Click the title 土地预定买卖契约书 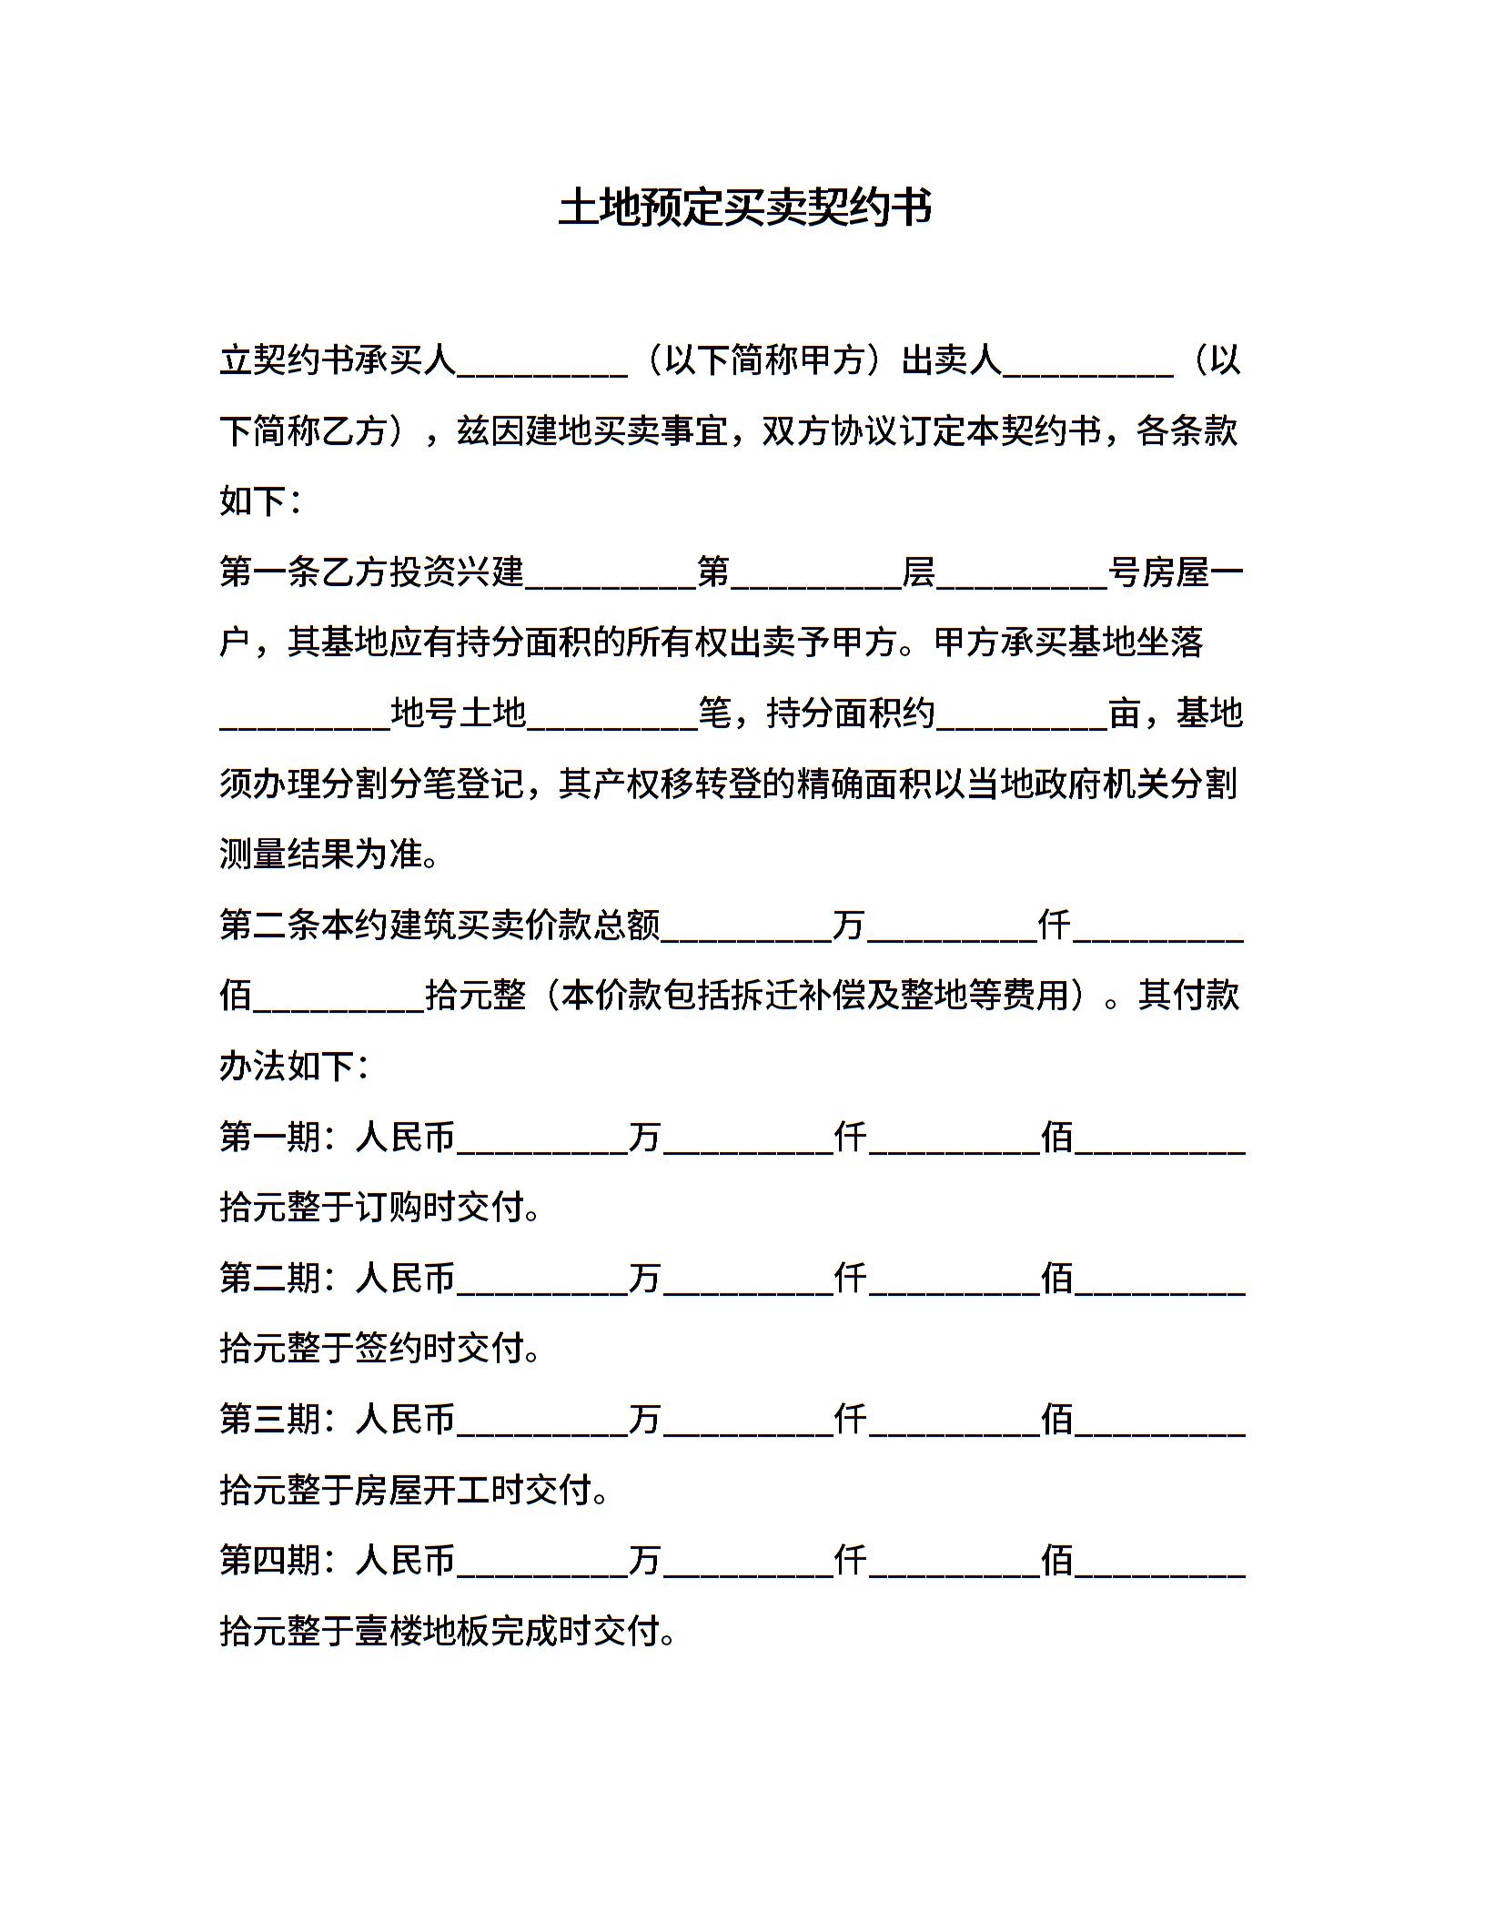coord(744,207)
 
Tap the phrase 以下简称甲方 coord(763,361)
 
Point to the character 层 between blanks coord(918,572)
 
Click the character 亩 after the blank coord(1125,713)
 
